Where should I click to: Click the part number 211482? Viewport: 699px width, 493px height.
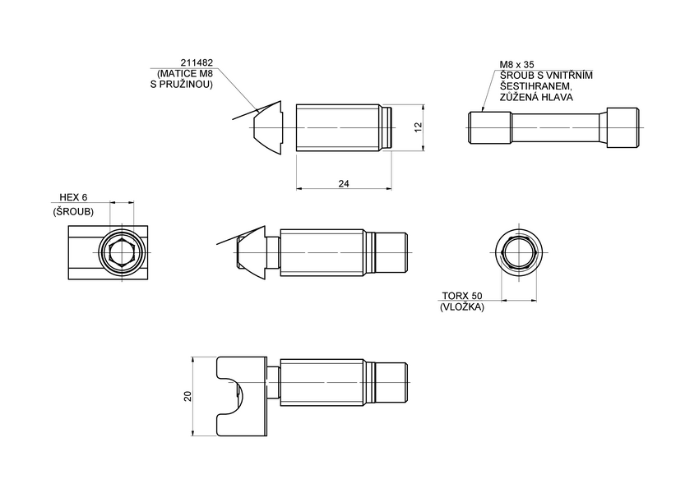click(197, 62)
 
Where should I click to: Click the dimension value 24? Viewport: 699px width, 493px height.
click(343, 183)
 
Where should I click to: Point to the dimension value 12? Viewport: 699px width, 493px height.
click(418, 127)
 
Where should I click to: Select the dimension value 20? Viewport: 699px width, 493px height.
click(187, 396)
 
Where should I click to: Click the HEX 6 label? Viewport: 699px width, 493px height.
click(73, 198)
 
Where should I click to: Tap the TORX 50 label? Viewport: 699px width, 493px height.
click(462, 296)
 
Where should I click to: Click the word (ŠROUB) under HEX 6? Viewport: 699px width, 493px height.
click(73, 211)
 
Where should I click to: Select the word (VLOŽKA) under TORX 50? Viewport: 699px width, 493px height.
click(462, 306)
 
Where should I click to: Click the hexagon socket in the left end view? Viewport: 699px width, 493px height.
click(122, 253)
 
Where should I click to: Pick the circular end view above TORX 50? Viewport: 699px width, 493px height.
click(518, 252)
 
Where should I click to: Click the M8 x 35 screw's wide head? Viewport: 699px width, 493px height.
click(623, 128)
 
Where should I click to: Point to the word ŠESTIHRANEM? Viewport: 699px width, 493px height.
click(535, 85)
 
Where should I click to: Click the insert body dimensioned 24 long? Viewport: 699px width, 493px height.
click(338, 128)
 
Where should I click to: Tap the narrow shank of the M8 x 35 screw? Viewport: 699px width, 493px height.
click(559, 128)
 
